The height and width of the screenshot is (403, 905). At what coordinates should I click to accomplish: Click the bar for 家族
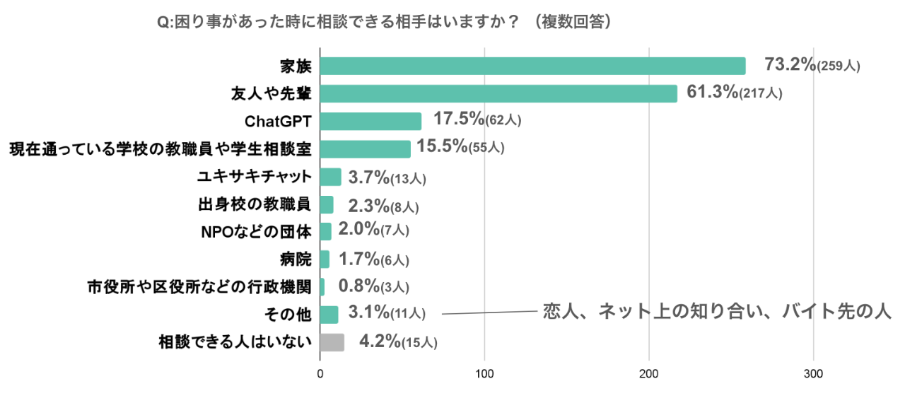pos(533,66)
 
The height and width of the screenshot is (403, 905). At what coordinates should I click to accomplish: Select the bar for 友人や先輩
pos(498,93)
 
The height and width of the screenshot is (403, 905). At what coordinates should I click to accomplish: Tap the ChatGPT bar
pos(370,121)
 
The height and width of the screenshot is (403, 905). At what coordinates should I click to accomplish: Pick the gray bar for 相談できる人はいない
pos(332,342)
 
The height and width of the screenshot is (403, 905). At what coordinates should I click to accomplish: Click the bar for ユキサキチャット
pos(330,177)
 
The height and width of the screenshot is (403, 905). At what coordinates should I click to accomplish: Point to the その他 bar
pos(329,315)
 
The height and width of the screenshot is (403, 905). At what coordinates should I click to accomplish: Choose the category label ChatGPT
pos(278,122)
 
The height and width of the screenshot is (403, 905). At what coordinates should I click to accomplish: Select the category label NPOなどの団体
pos(257,232)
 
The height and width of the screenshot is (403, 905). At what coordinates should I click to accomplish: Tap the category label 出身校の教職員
pos(255,204)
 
